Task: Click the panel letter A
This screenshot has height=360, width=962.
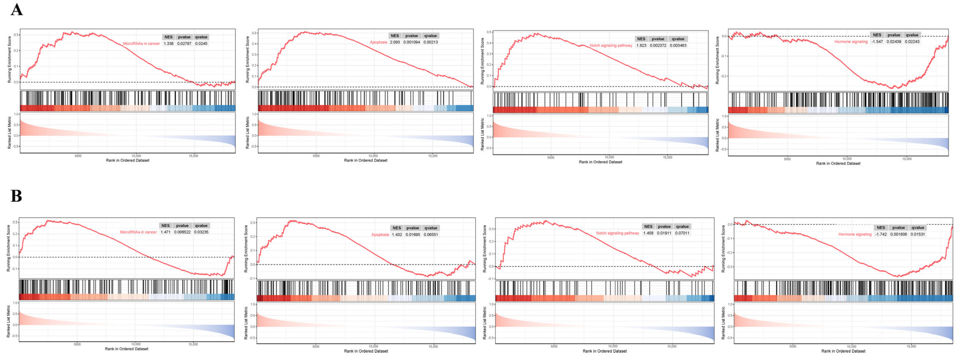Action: (x=16, y=9)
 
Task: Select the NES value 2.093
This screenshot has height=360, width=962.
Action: (x=395, y=42)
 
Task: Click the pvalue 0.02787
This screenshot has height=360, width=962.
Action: (x=184, y=44)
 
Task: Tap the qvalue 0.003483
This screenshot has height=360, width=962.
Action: (x=678, y=46)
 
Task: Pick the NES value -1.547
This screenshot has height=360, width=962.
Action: (x=877, y=42)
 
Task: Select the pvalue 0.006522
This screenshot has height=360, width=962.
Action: (x=182, y=232)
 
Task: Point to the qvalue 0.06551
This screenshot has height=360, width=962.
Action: (x=431, y=235)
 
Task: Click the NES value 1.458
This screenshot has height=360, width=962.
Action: (x=648, y=233)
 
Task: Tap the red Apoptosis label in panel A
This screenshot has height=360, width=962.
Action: (x=378, y=42)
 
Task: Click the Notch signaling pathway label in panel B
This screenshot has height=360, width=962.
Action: (x=617, y=233)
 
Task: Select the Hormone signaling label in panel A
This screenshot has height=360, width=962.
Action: (x=851, y=42)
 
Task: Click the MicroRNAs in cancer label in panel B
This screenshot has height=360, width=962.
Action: (x=138, y=232)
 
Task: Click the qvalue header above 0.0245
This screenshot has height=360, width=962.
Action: (x=201, y=37)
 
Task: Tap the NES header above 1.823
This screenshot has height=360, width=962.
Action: (x=641, y=39)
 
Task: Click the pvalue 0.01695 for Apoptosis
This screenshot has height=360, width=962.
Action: (x=413, y=235)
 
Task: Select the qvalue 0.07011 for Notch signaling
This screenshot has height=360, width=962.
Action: (x=682, y=233)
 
